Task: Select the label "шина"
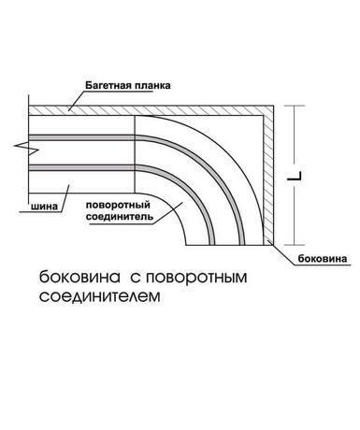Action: (x=44, y=207)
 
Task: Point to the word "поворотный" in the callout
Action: (x=118, y=206)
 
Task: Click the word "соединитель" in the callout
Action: (x=120, y=217)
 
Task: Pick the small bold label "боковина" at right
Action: (x=323, y=258)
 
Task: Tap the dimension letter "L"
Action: (x=295, y=176)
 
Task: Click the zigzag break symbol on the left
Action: (x=26, y=149)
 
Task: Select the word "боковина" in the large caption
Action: (x=79, y=278)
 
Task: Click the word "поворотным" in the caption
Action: (x=196, y=278)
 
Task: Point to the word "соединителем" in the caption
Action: (x=100, y=296)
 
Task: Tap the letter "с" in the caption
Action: (x=135, y=278)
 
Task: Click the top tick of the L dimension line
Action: (x=295, y=106)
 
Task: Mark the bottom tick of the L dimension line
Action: (x=295, y=245)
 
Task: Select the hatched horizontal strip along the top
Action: (x=151, y=110)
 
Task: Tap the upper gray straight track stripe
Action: (x=81, y=137)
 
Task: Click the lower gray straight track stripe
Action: (x=81, y=167)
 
